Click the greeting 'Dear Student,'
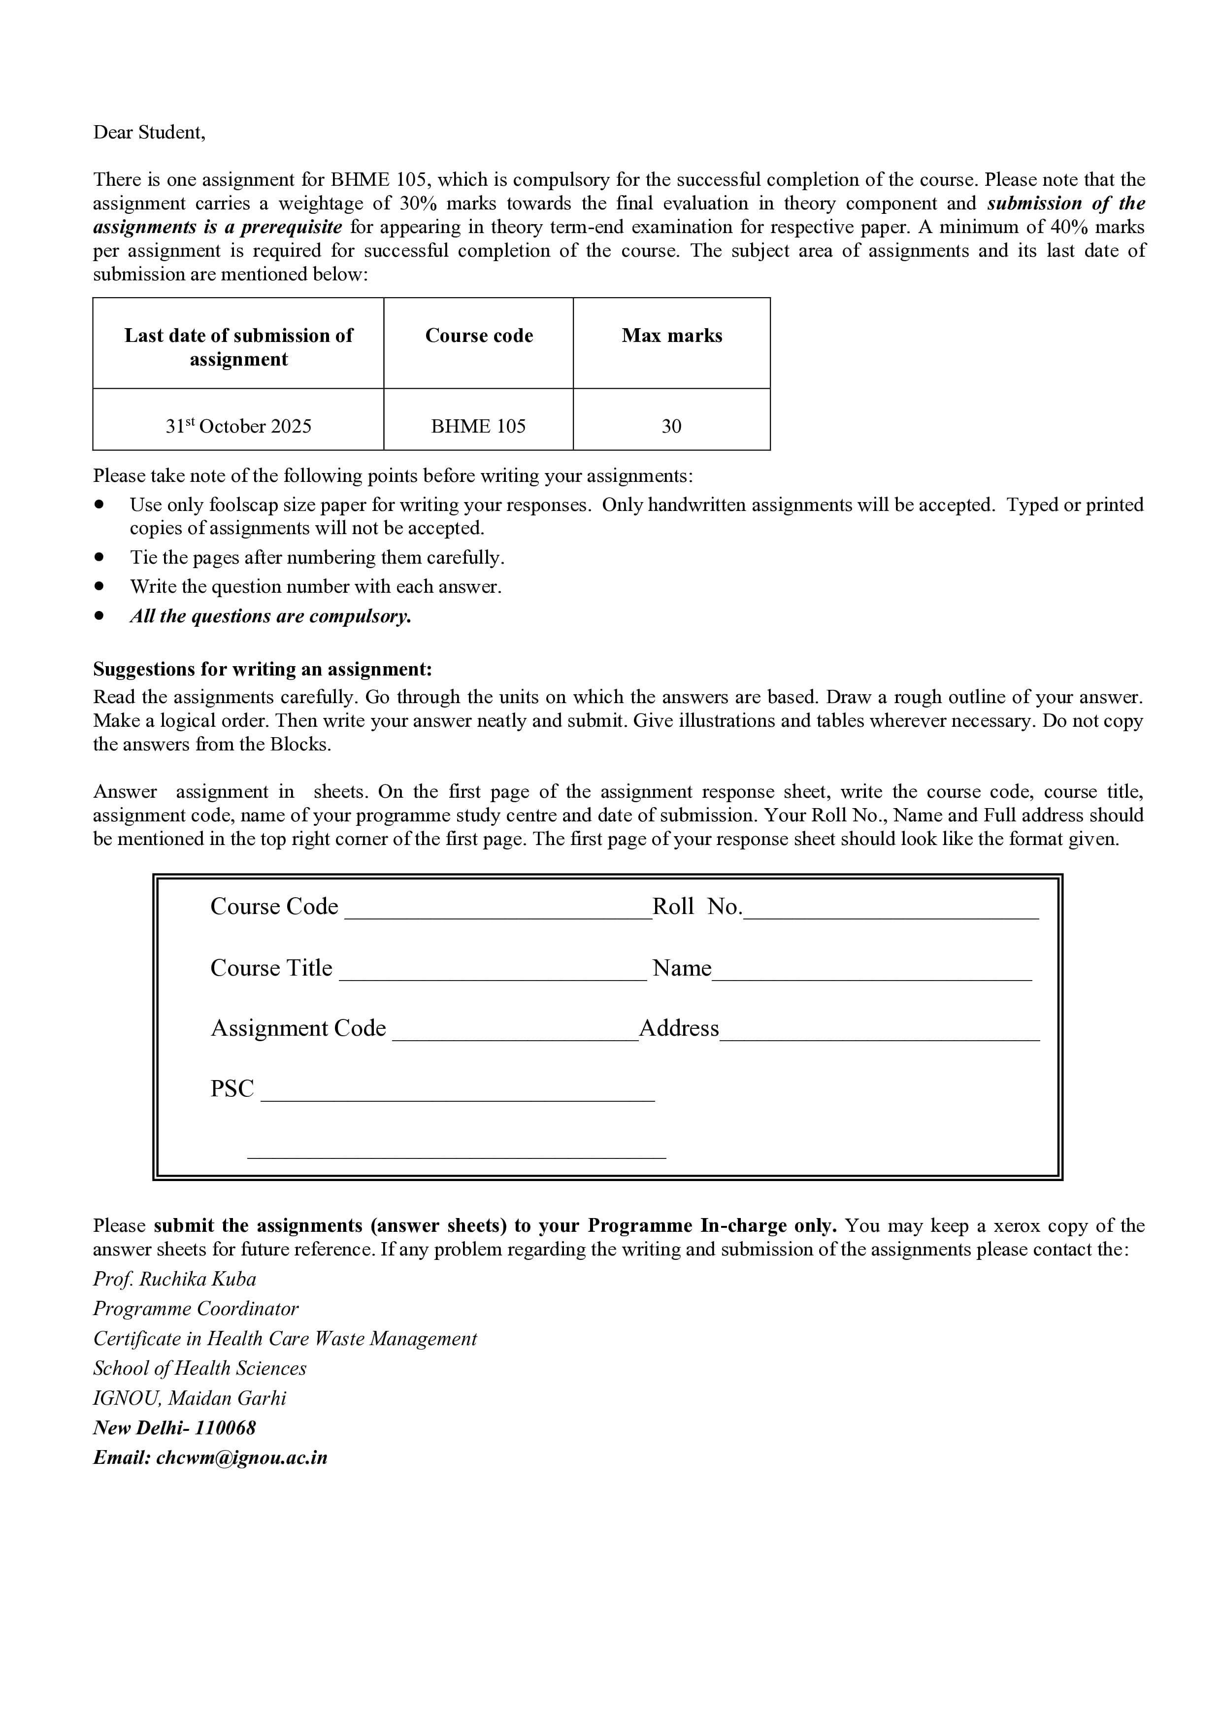pos(149,133)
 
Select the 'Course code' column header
pos(479,336)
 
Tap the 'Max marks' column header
pos(671,336)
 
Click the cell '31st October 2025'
pos(238,426)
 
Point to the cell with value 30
pos(671,426)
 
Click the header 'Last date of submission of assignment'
pos(238,347)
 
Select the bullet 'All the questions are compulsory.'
pos(271,616)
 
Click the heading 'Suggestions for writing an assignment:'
pos(263,669)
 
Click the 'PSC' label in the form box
pos(232,1089)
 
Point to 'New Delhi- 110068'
pos(174,1428)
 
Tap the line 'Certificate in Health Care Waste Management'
pos(284,1338)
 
